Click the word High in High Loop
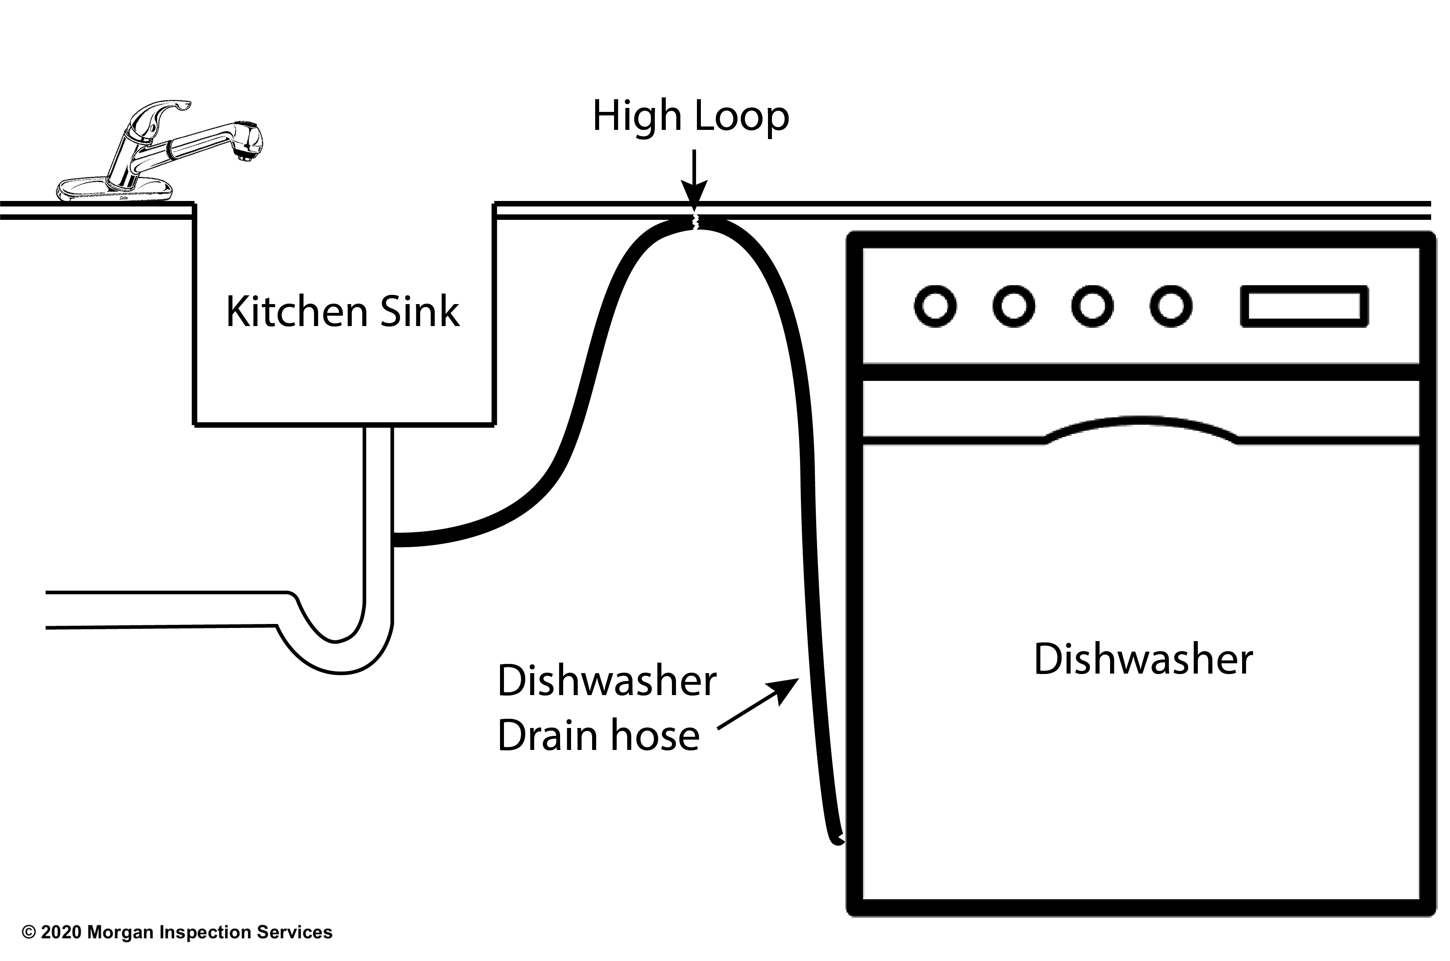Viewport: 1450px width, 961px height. coord(637,116)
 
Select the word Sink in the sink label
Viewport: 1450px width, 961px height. coord(420,312)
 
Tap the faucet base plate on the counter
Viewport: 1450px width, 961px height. coord(113,190)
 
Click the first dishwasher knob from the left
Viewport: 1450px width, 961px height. coord(935,306)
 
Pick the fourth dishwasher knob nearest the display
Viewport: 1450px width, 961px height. coord(1171,306)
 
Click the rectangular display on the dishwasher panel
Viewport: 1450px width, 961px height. coord(1304,306)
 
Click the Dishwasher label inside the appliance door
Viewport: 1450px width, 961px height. coord(1143,660)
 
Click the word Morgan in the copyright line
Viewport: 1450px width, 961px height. coord(121,932)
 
